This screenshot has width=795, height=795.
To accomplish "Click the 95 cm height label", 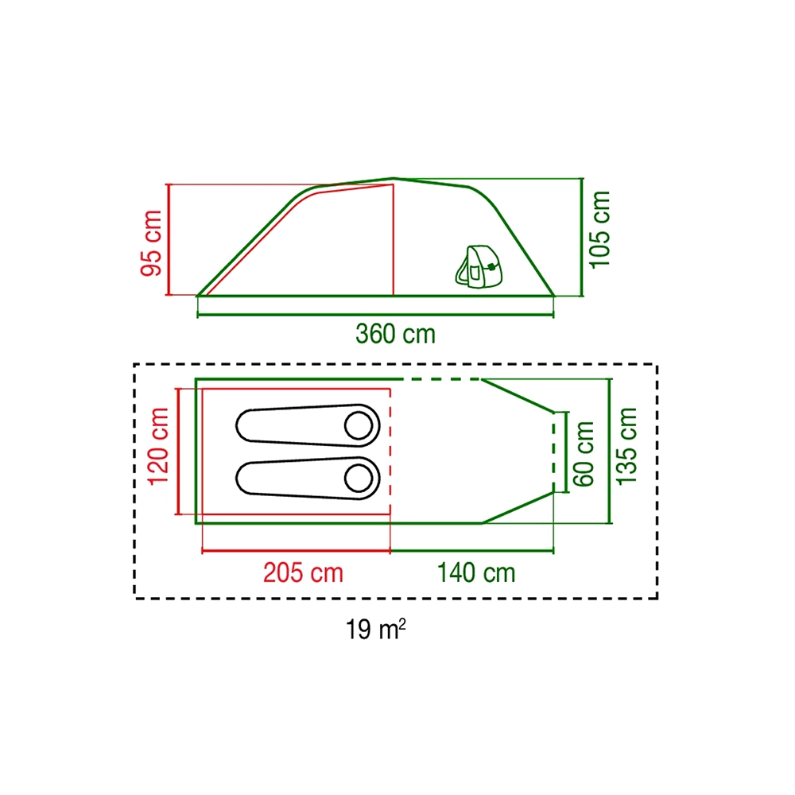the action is click(152, 243).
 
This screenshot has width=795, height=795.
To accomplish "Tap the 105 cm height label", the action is click(599, 229).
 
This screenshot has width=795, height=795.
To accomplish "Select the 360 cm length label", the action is click(395, 334).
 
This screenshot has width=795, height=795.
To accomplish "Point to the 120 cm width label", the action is click(158, 446).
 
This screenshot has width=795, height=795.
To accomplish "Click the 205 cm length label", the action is click(303, 573).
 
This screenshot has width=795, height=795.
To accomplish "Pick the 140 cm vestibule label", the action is click(476, 573).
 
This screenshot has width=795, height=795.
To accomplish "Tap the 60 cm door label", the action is click(584, 454).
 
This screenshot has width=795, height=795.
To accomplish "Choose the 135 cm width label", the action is click(626, 446).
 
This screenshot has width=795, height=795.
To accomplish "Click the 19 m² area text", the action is click(376, 630).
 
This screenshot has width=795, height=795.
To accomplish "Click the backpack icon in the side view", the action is click(479, 266).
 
